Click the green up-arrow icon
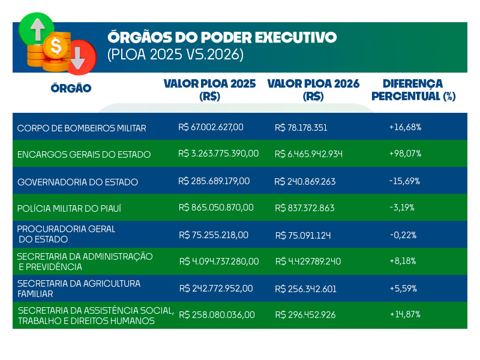coord(37,28)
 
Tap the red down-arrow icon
coord(80,55)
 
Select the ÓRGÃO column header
coord(71,89)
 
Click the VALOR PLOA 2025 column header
coord(209,89)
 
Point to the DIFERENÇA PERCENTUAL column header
coord(413,89)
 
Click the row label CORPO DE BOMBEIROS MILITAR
coord(82,128)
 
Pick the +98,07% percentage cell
coord(405,154)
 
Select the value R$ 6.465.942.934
coord(308,154)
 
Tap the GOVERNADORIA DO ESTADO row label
coord(77,182)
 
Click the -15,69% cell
coord(404,181)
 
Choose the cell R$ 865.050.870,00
coord(216,208)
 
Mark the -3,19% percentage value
coord(402,208)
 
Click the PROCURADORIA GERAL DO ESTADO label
coord(66,234)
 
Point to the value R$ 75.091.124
coord(303,235)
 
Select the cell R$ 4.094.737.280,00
coord(219,262)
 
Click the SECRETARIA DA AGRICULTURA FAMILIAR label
coord(79,289)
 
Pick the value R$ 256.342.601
coord(305,289)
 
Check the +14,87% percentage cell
coord(405,314)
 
